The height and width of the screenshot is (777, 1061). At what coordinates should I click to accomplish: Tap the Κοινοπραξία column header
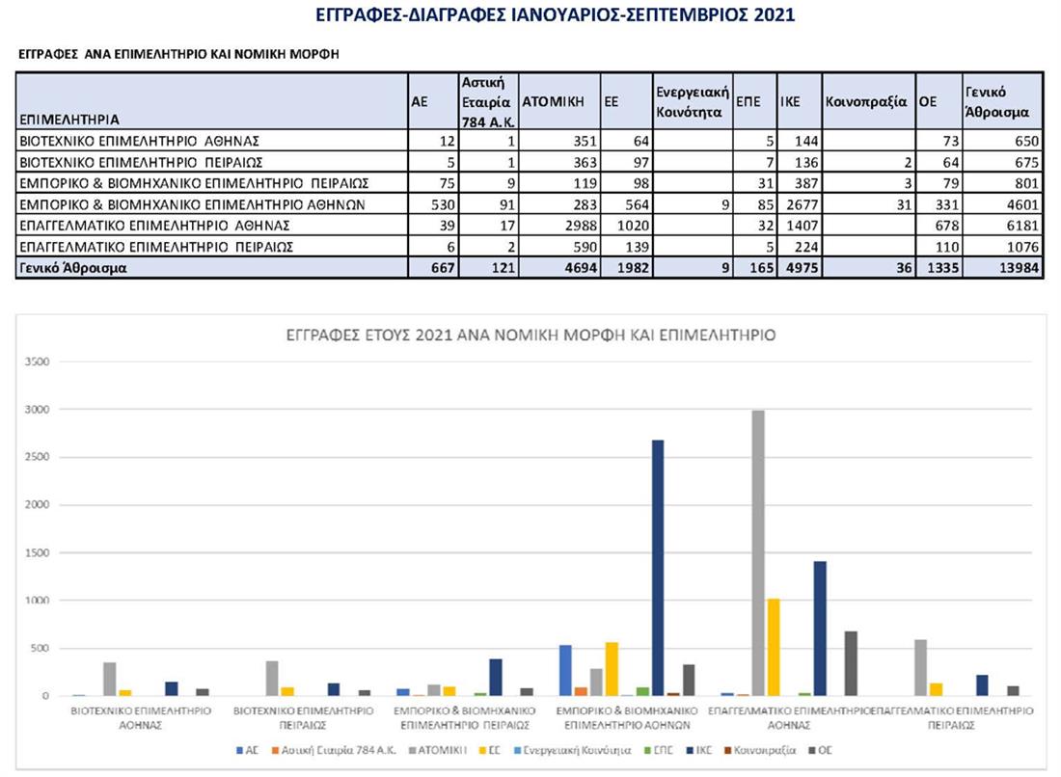(x=866, y=100)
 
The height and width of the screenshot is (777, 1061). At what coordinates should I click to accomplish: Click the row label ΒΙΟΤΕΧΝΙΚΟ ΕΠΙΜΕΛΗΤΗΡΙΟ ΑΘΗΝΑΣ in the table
(x=140, y=141)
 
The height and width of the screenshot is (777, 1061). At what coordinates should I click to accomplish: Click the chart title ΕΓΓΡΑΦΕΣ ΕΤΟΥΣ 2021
(x=530, y=335)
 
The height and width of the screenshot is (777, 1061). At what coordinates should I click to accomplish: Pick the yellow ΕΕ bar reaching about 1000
(x=775, y=647)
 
